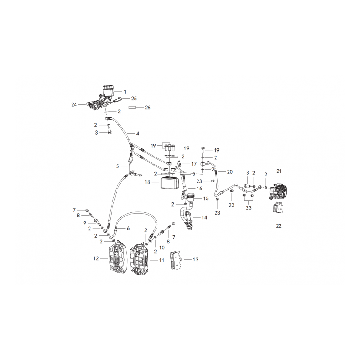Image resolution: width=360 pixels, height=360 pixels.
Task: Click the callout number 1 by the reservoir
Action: coord(125,92)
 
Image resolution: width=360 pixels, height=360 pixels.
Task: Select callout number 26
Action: coord(148,108)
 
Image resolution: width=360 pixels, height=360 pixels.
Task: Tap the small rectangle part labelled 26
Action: coord(132,107)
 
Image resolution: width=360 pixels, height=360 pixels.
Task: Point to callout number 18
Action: coord(148,182)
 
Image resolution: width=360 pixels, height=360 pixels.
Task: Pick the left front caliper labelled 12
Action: coord(117,258)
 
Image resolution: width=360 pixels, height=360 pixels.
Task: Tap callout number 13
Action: coord(195,260)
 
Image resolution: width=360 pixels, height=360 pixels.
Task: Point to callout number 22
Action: coord(279,226)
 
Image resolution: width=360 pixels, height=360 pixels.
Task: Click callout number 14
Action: coord(204,217)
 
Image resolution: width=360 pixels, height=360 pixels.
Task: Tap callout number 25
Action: coord(134,99)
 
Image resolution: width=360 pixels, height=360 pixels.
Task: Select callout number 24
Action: coord(74,105)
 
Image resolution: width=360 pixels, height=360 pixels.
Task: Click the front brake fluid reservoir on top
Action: coord(108,91)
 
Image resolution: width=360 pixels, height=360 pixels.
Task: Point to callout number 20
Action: coord(230,172)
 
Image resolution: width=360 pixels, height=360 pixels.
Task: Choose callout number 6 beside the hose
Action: coord(128,229)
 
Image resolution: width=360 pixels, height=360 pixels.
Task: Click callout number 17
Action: coord(194,164)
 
